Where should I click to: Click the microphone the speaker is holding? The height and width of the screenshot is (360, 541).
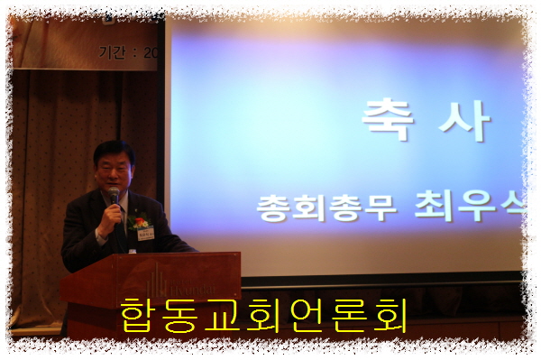pos(115,196)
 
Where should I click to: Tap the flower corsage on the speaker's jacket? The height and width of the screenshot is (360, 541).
pos(139,220)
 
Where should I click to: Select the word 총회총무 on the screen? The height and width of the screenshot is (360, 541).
pos(306,209)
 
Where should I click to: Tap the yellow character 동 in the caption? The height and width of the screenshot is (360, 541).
pos(191,316)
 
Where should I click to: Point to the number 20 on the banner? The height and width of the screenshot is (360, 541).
pos(151,52)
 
